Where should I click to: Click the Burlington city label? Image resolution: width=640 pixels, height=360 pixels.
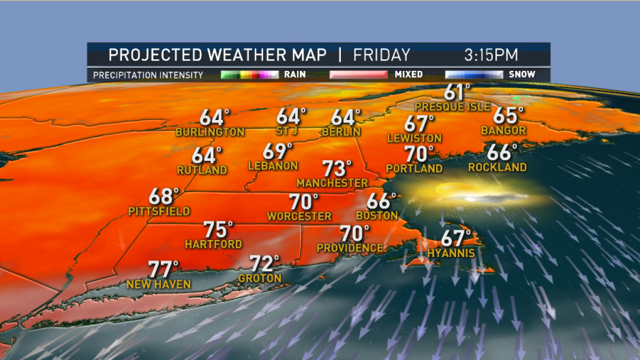click(x=211, y=132)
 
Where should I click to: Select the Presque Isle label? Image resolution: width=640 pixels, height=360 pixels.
click(x=452, y=107)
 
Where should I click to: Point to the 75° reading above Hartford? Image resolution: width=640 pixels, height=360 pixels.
click(x=218, y=230)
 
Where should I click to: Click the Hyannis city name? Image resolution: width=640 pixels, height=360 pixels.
click(x=451, y=253)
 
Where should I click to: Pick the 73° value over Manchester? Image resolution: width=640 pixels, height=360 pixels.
click(x=338, y=169)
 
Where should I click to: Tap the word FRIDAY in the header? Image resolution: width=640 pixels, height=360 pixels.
click(x=382, y=55)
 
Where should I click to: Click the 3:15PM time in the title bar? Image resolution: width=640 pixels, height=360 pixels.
click(x=491, y=55)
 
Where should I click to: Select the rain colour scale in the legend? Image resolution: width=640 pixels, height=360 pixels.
click(x=250, y=75)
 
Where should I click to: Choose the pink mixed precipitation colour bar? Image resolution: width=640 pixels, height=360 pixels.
click(x=358, y=75)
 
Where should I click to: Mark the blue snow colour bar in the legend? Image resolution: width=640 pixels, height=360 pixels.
click(x=474, y=75)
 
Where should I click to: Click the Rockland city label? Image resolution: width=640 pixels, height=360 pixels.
click(x=498, y=167)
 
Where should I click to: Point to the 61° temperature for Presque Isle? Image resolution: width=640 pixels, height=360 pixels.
click(x=458, y=92)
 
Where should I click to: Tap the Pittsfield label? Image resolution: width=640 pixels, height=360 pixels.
click(x=159, y=212)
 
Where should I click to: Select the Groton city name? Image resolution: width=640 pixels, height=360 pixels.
click(x=260, y=278)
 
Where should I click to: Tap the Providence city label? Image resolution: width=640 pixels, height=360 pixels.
click(x=350, y=248)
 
